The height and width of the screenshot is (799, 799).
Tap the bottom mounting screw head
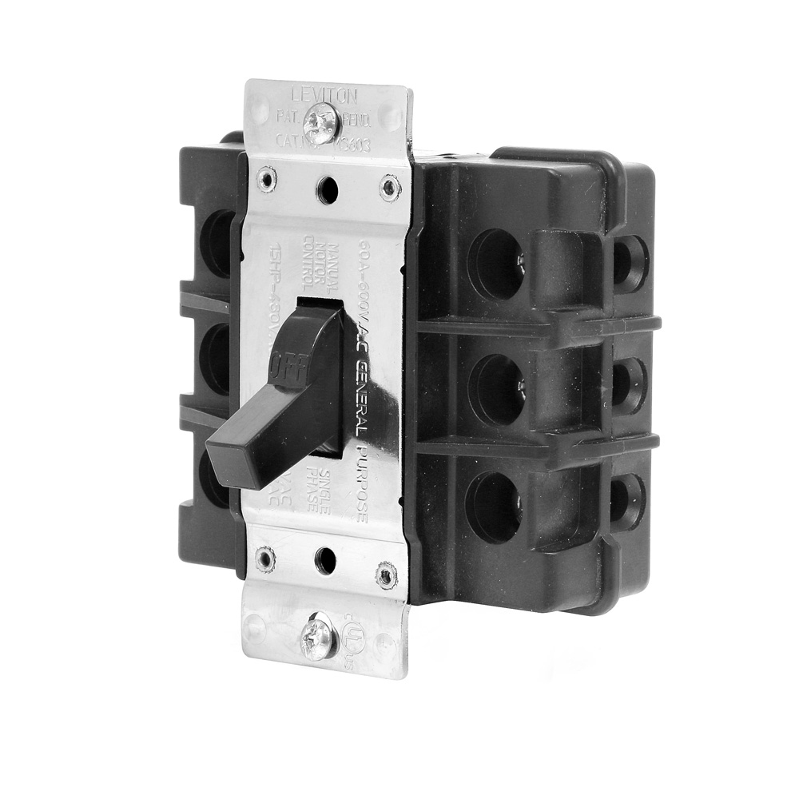(317, 638)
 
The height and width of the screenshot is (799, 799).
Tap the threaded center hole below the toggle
(324, 559)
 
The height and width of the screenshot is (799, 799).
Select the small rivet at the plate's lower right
(386, 574)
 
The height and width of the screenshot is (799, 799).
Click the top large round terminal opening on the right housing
(496, 264)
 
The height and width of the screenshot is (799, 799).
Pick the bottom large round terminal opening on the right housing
(493, 507)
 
